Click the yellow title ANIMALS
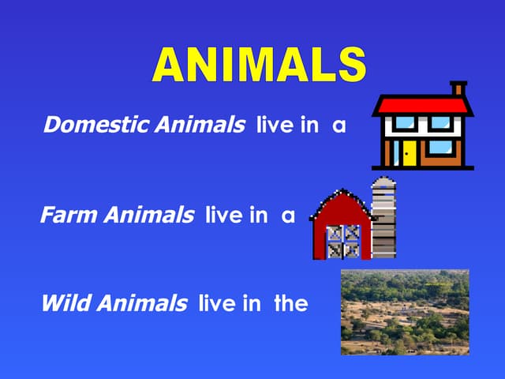click(x=258, y=65)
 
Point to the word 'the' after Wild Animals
click(x=290, y=302)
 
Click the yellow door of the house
click(x=409, y=152)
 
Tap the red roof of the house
click(x=422, y=105)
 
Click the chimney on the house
click(x=457, y=88)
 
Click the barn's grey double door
click(x=343, y=242)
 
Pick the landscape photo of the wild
click(x=405, y=312)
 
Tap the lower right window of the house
click(x=440, y=148)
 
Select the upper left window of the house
click(x=405, y=123)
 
